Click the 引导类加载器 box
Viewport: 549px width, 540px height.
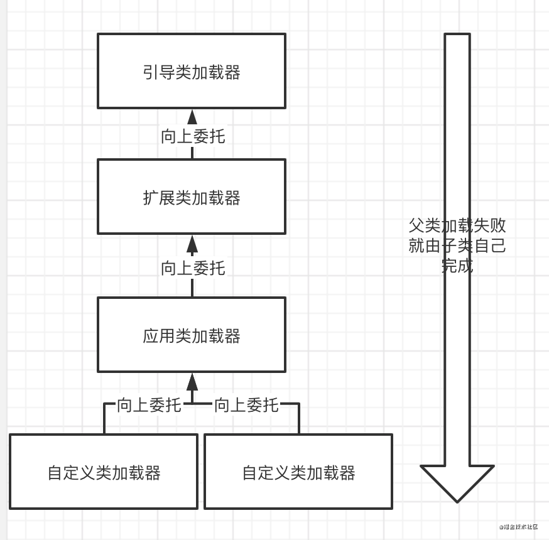192,71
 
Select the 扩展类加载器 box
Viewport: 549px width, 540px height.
192,197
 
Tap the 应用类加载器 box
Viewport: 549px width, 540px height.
192,335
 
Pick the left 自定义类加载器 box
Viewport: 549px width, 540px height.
104,472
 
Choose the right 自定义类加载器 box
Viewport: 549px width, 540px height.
298,472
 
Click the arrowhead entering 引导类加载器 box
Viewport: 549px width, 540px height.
192,117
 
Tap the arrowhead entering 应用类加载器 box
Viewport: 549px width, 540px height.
192,382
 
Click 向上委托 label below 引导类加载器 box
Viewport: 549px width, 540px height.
193,137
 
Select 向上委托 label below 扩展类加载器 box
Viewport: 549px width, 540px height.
193,269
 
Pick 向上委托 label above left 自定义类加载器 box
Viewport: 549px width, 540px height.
149,405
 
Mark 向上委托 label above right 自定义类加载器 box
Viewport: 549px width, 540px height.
246,405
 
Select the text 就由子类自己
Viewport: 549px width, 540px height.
457,246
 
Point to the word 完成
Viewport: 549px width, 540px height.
457,266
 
